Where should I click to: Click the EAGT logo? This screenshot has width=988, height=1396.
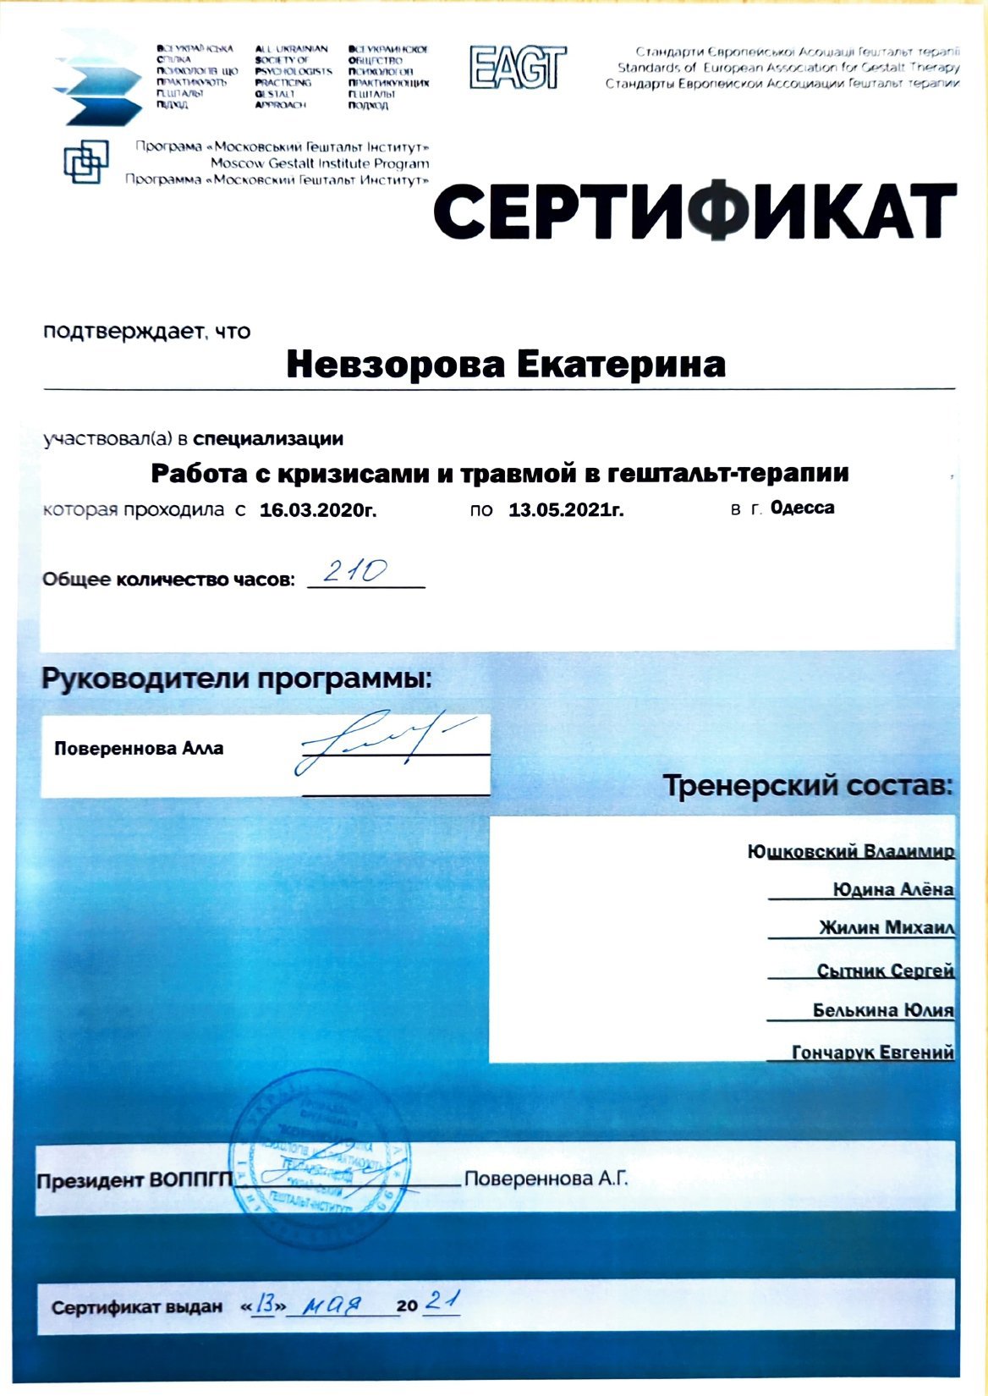coord(517,67)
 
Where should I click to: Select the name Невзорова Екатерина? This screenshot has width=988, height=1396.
coord(506,365)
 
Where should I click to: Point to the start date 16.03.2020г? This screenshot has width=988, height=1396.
coord(317,510)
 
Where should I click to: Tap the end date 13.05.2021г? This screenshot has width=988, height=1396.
coord(566,510)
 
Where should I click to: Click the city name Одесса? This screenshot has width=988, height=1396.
coord(803,508)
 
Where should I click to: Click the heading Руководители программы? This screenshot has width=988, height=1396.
coord(237,679)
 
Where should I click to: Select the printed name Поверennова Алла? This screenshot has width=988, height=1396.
coord(139,748)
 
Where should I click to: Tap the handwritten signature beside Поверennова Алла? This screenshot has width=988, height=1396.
coord(372,742)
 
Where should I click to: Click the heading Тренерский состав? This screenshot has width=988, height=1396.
coord(808,786)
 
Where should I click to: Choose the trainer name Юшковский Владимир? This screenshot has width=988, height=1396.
coord(851,851)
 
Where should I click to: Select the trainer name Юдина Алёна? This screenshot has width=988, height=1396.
coord(892,889)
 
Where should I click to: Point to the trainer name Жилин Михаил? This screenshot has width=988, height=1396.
coord(886,927)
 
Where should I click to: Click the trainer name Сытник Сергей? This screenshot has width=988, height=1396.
coord(885,970)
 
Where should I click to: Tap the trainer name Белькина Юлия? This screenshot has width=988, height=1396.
coord(882,1010)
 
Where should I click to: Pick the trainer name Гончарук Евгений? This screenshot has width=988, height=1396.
coord(872,1052)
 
